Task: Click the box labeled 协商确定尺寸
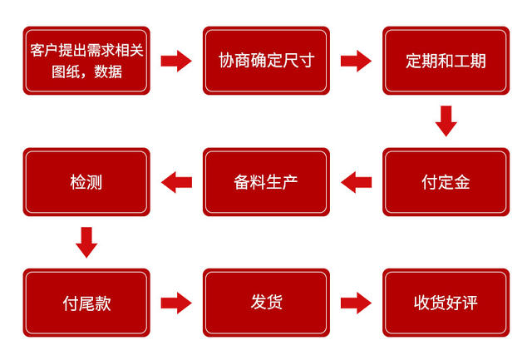coord(266,61)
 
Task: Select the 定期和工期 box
coord(446,61)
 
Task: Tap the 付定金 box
coord(446,182)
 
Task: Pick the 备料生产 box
coord(266,182)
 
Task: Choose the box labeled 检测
coord(86,182)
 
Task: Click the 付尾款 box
coord(86,303)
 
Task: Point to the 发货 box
coord(266,303)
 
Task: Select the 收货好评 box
coord(446,303)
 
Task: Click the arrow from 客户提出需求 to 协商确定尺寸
coord(176,61)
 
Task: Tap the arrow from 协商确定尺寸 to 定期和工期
coord(356,61)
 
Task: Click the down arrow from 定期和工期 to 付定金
coord(446,121)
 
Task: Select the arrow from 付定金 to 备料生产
coord(356,182)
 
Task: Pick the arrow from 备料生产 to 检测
coord(176,182)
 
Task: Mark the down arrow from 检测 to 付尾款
coord(86,242)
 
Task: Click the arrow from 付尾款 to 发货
coord(176,303)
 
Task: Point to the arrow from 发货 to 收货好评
coord(356,303)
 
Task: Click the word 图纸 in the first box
coord(66,72)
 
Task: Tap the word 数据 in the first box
coord(108,72)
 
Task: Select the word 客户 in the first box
coord(44,50)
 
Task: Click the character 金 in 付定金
coord(462,182)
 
